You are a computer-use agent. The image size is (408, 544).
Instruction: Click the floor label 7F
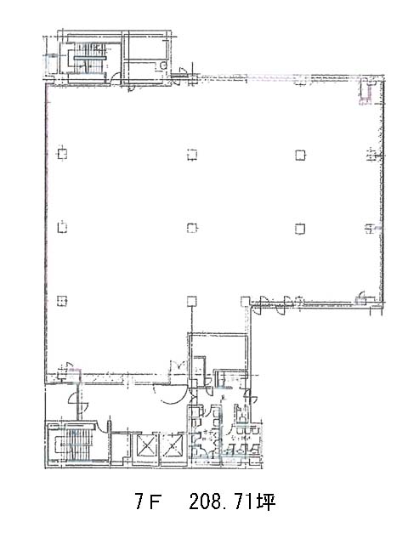click(x=148, y=501)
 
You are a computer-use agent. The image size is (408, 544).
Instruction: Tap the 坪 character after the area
click(x=266, y=501)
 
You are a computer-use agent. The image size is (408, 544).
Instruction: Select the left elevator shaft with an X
click(x=146, y=445)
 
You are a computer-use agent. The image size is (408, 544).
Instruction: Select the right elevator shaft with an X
click(x=173, y=445)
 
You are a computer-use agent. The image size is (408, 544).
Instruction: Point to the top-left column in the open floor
click(x=62, y=154)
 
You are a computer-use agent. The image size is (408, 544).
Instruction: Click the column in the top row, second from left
click(x=192, y=155)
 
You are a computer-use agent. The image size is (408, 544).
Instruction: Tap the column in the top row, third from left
click(x=300, y=155)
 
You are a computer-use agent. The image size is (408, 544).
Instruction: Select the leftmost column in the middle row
click(x=62, y=227)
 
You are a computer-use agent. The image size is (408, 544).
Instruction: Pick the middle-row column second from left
click(x=192, y=228)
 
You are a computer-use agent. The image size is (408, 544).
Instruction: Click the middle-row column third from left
click(x=300, y=229)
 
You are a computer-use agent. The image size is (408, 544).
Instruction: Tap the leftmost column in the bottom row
click(x=62, y=300)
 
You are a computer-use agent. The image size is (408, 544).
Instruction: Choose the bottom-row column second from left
click(x=192, y=301)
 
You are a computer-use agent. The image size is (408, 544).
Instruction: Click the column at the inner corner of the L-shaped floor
click(x=246, y=301)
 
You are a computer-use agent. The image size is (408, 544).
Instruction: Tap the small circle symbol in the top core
click(x=164, y=65)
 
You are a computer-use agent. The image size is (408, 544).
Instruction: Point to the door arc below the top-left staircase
click(x=116, y=77)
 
